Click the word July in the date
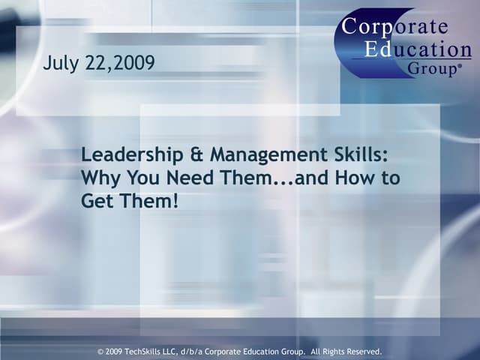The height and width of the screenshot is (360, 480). (x=60, y=64)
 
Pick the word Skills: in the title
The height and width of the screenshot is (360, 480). (x=362, y=155)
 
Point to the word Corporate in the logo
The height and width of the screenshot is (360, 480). (x=395, y=27)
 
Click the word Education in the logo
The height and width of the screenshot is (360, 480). (x=418, y=49)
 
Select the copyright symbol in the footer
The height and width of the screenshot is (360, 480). (x=101, y=351)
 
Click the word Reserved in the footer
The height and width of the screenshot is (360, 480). (x=361, y=351)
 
